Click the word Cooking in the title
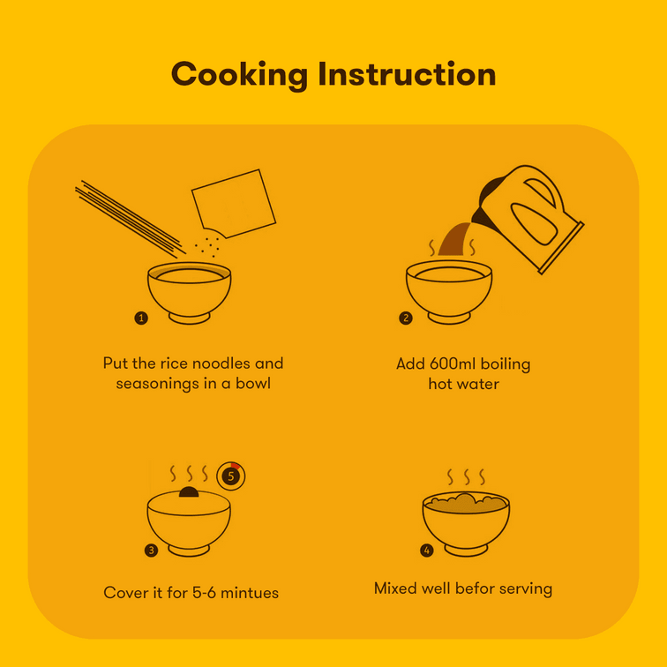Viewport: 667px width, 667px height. tap(239, 75)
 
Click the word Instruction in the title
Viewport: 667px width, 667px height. tap(407, 73)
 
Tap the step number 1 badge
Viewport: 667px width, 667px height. tap(141, 318)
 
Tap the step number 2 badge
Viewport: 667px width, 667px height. tap(405, 318)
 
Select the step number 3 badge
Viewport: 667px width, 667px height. tap(151, 551)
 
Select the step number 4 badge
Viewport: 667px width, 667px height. tap(427, 551)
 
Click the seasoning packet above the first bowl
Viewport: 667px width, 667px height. tap(234, 203)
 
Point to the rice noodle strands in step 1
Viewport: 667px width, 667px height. tap(131, 220)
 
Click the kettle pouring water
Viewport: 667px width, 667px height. tap(528, 218)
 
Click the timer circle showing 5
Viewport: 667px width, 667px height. tap(231, 476)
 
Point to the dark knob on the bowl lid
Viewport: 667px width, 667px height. tap(189, 492)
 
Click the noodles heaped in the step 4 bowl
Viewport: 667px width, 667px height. tap(466, 503)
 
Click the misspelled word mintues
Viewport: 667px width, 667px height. tap(250, 593)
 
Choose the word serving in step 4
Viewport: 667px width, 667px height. tap(526, 589)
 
